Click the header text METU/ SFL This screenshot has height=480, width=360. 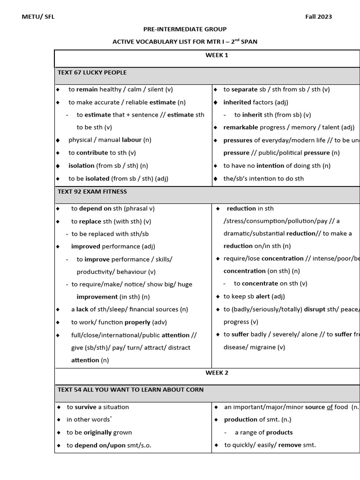[x=38, y=17]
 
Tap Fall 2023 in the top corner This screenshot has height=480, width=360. [x=318, y=17]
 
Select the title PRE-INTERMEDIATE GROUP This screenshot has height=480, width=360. [x=185, y=29]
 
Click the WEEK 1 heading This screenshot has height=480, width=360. [x=217, y=55]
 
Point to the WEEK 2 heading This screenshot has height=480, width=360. [x=217, y=373]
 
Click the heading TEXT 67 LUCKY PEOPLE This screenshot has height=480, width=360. [x=92, y=73]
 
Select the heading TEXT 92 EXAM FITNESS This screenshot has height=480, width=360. [x=92, y=192]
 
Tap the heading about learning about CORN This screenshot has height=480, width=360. [x=130, y=390]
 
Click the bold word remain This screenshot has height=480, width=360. [x=87, y=90]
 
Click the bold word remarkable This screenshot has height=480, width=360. [x=240, y=127]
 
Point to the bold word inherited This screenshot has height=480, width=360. [x=237, y=102]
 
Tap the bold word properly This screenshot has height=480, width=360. [x=137, y=322]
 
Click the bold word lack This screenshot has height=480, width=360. [x=82, y=309]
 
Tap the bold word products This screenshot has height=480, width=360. [x=279, y=433]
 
